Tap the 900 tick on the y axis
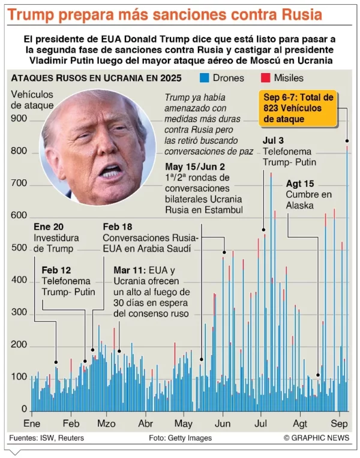(19, 119)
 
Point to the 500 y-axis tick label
(19, 248)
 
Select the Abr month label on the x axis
(146, 422)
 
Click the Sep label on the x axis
(339, 422)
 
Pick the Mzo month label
(107, 422)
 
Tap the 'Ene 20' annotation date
(49, 227)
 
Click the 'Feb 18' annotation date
(118, 227)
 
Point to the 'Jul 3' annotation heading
(274, 141)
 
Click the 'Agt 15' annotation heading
(300, 184)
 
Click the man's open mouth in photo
(111, 173)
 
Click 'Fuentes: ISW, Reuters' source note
(46, 438)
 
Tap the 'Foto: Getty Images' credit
(180, 438)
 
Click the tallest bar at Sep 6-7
(347, 276)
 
